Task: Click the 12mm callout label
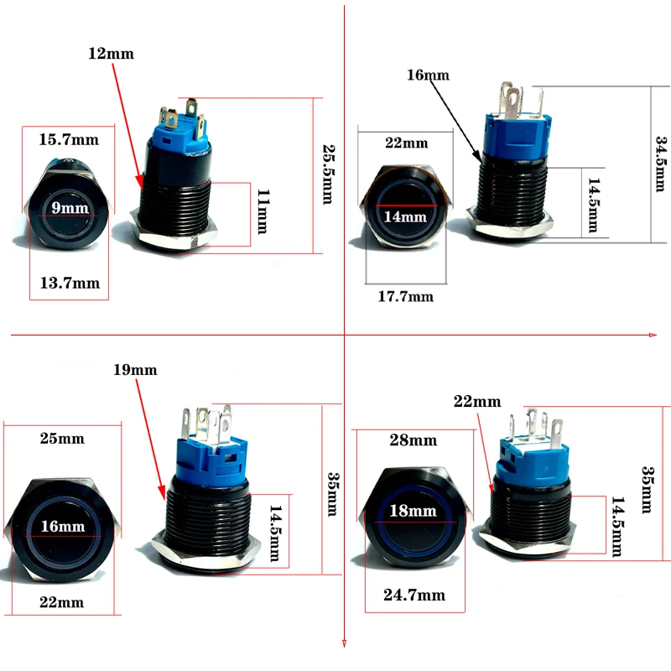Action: (112, 54)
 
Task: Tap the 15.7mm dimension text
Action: (69, 139)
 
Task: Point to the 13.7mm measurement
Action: (70, 283)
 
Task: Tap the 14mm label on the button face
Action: (404, 216)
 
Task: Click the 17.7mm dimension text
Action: (405, 295)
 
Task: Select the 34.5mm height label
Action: (659, 164)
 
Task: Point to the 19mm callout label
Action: (135, 369)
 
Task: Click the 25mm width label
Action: (61, 439)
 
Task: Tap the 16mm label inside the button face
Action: (61, 526)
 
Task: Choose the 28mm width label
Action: (414, 440)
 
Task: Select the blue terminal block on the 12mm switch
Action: (181, 133)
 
